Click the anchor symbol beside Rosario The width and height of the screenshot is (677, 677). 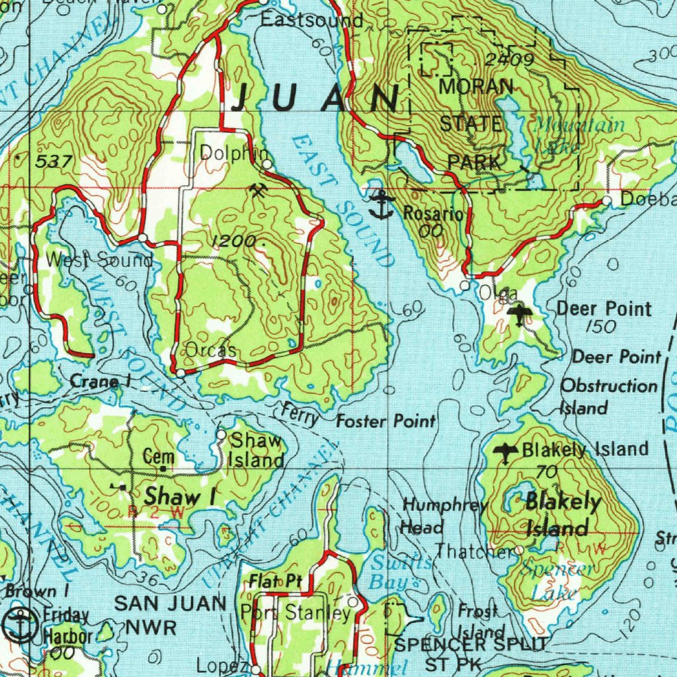382,204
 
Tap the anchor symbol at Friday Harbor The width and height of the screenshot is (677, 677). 20,625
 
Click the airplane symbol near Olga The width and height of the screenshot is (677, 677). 521,315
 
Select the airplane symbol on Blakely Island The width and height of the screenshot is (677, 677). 506,453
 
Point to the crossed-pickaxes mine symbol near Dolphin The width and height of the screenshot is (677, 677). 259,191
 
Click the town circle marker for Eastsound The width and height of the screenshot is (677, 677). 264,2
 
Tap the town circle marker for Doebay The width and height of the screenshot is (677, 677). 607,201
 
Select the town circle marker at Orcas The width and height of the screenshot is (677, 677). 181,374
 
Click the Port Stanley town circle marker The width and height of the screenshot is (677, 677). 354,603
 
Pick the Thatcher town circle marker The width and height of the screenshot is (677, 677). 520,549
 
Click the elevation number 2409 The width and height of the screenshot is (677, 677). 509,60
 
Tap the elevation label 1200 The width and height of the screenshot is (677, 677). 234,242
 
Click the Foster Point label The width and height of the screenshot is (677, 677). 386,421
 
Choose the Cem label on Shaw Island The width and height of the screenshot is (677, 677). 159,456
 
